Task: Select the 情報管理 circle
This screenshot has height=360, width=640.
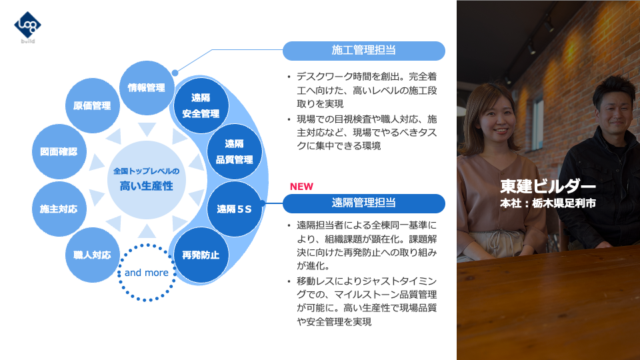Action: pyautogui.click(x=146, y=87)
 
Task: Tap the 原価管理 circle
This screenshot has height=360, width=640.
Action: pyautogui.click(x=92, y=105)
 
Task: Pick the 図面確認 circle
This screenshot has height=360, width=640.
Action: pyautogui.click(x=59, y=151)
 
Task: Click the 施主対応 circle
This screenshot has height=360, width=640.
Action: pyautogui.click(x=59, y=209)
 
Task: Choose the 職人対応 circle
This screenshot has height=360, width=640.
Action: pyautogui.click(x=92, y=255)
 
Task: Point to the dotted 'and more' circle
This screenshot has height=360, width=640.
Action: pyautogui.click(x=146, y=272)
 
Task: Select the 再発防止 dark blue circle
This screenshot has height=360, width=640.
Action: pyautogui.click(x=201, y=255)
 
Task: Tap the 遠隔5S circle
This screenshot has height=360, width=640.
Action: pyautogui.click(x=234, y=209)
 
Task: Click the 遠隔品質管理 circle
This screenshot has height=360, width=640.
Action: pyautogui.click(x=234, y=151)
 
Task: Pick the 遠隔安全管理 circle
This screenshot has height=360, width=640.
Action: pyautogui.click(x=201, y=105)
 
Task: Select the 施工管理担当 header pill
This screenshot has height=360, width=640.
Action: pyautogui.click(x=363, y=51)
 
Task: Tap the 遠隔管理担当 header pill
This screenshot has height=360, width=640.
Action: pyautogui.click(x=363, y=203)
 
